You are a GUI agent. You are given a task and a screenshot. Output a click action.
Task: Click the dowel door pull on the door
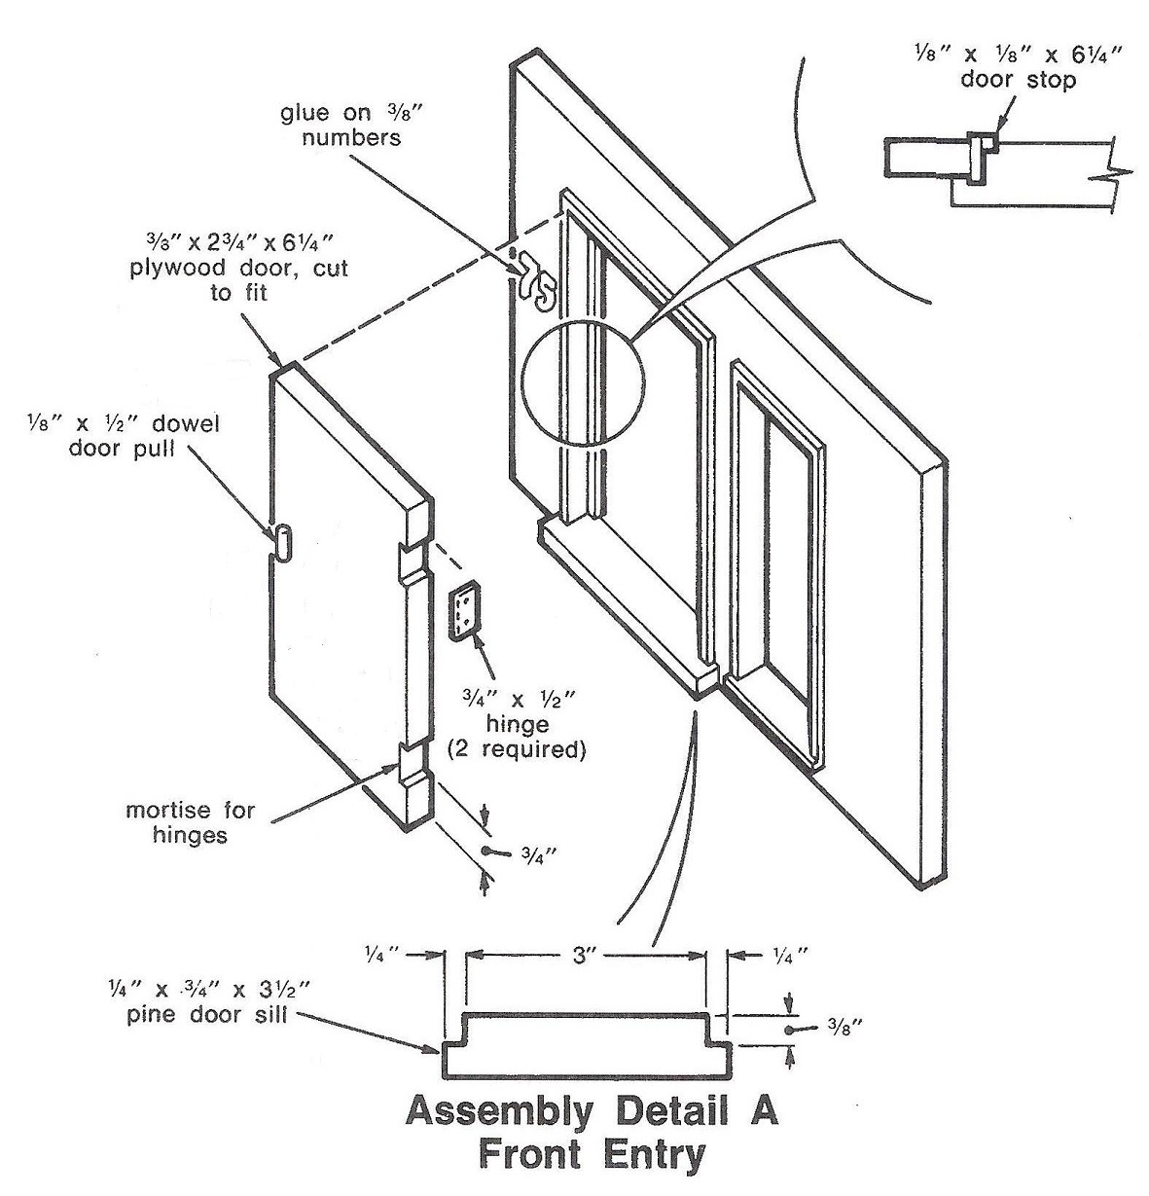[280, 541]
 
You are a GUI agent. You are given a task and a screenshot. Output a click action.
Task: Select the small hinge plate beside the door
[464, 612]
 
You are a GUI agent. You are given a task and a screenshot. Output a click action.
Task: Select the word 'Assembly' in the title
[496, 1111]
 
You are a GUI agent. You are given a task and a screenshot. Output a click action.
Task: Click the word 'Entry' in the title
[652, 1155]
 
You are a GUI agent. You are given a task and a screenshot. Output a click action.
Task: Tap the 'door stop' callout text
[1018, 80]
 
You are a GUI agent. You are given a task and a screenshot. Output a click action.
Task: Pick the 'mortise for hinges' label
[190, 822]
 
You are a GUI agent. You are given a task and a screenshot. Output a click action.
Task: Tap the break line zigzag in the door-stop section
[1115, 175]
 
